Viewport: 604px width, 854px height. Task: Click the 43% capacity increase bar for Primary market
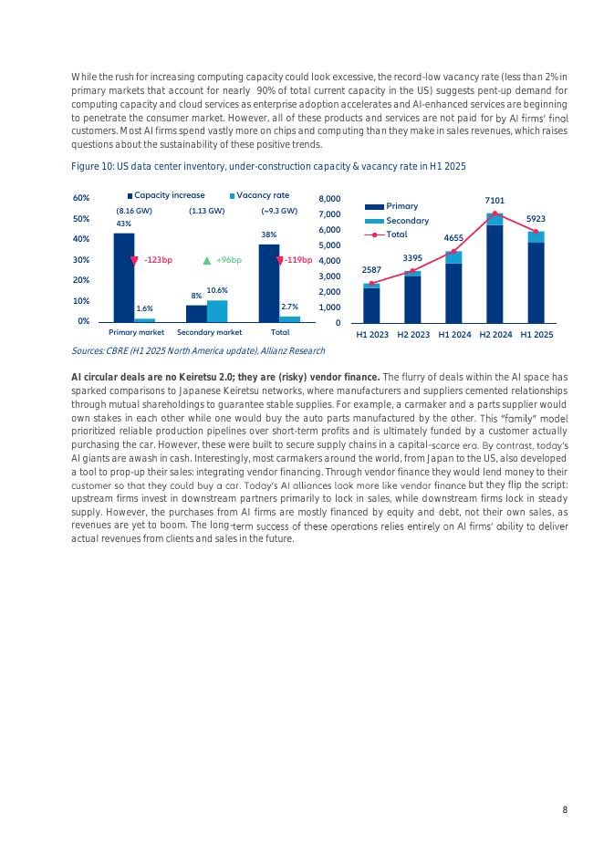click(123, 277)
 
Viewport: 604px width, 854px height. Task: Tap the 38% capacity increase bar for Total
click(269, 283)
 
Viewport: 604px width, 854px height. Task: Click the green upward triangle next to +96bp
click(206, 260)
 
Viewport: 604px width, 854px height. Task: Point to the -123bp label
click(158, 260)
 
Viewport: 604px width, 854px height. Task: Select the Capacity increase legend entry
click(166, 195)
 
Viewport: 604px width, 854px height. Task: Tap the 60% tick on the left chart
click(80, 198)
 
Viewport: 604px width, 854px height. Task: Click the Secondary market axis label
click(209, 333)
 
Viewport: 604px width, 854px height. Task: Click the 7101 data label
click(495, 200)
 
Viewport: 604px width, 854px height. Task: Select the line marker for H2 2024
click(495, 214)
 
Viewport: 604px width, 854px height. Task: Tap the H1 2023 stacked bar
click(371, 304)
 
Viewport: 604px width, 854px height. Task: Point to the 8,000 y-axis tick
click(328, 198)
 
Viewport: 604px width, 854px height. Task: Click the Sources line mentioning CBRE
click(197, 351)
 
